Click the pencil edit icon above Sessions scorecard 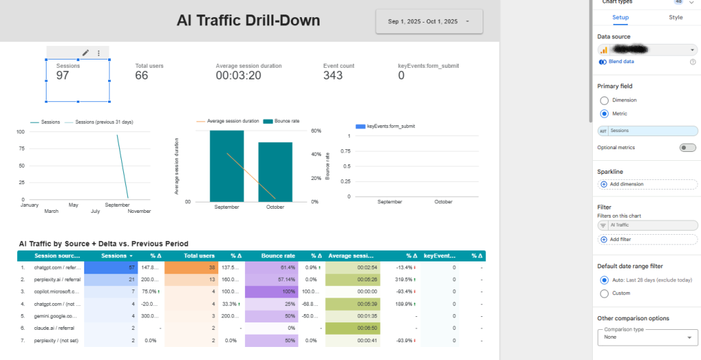point(86,53)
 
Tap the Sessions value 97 point(62,75)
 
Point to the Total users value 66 point(142,75)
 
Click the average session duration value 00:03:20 point(238,75)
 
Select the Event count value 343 point(333,75)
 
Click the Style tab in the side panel point(675,17)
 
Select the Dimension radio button point(604,100)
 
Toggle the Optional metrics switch point(687,148)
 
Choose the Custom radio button point(604,294)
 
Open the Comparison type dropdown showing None point(647,337)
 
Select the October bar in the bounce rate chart point(275,172)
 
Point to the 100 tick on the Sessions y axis point(20,132)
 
